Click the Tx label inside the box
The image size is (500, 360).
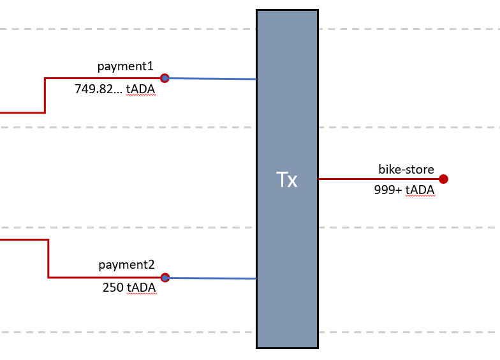pos(287,180)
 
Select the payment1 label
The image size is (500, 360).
pos(126,66)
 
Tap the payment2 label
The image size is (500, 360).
pos(126,265)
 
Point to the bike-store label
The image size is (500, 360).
pos(406,170)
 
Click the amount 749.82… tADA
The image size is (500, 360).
pos(115,89)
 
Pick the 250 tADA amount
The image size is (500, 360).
pos(129,288)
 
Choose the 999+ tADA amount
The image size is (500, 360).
pos(404,190)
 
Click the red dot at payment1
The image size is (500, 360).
pos(165,78)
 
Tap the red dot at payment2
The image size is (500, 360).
pos(165,278)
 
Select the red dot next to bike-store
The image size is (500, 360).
pos(443,179)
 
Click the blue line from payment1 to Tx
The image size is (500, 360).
pos(210,79)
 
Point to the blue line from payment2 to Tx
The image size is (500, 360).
pos(210,278)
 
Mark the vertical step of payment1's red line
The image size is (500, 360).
pos(45,95)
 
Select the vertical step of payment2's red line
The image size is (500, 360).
pos(48,259)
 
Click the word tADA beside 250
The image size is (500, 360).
pos(141,288)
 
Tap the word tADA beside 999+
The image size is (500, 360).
pos(420,190)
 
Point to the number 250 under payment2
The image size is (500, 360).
pos(113,288)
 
